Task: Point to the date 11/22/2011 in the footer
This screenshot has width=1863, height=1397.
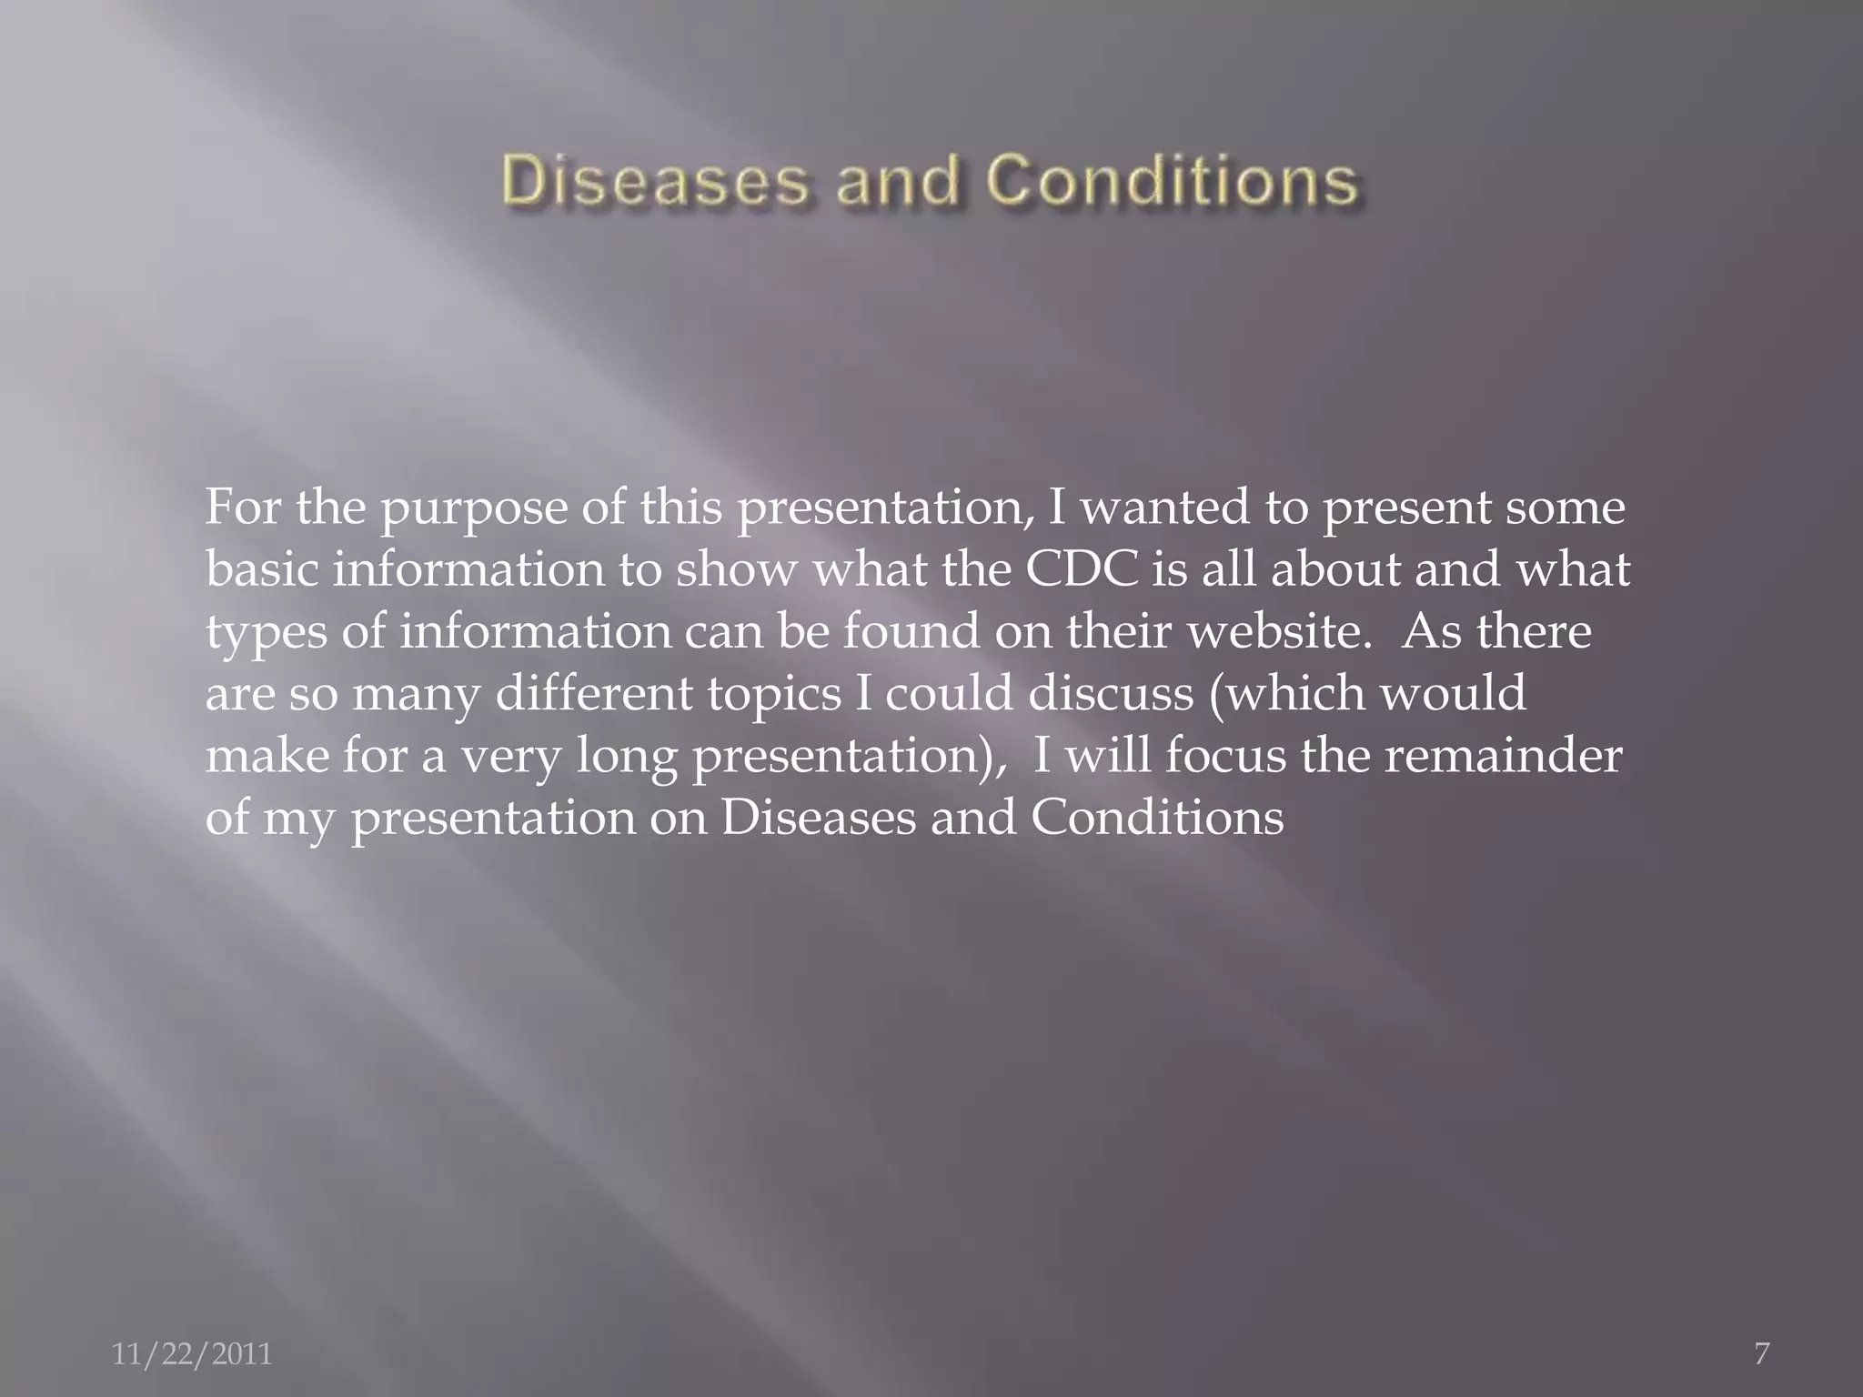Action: (x=192, y=1354)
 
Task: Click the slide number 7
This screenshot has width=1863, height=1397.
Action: (x=1761, y=1353)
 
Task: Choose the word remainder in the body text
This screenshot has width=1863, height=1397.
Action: (x=1503, y=756)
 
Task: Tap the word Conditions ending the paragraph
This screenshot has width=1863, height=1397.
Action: (x=1157, y=818)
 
